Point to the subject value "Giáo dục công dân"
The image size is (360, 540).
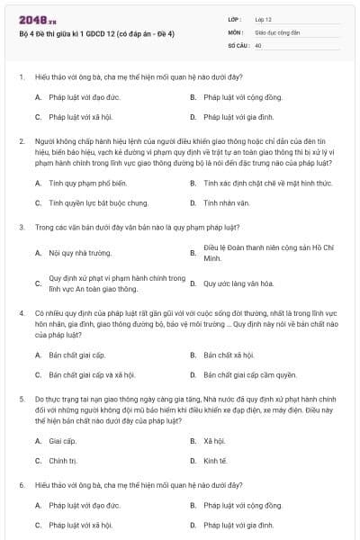(x=277, y=31)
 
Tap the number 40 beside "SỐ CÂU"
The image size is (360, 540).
(x=258, y=44)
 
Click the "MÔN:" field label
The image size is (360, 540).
(x=236, y=31)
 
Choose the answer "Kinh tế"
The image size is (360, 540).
(x=215, y=461)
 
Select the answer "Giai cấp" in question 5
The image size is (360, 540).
(x=63, y=441)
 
